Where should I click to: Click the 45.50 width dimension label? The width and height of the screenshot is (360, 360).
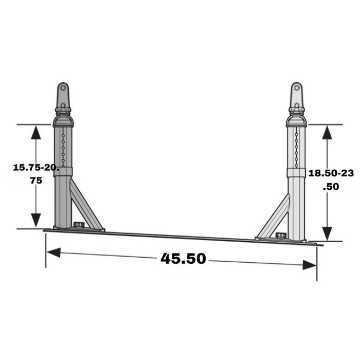pos(183,258)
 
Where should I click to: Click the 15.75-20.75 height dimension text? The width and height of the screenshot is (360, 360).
pos(35,174)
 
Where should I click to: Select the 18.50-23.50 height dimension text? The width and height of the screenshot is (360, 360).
pos(331,180)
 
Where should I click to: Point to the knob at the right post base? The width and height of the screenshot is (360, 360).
pos(281,236)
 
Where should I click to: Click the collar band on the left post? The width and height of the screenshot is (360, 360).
pos(63,172)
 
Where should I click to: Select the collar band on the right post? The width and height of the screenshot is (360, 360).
pos(296,172)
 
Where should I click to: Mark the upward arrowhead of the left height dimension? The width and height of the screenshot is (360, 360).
pos(35,133)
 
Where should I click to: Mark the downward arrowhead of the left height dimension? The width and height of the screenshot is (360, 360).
pos(35,220)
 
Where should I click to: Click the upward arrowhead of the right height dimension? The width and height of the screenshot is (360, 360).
pos(326,133)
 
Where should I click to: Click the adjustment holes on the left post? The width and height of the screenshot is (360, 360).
pos(63,147)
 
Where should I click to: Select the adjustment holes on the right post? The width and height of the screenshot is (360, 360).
pos(296,147)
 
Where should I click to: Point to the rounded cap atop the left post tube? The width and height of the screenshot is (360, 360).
pos(63,120)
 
